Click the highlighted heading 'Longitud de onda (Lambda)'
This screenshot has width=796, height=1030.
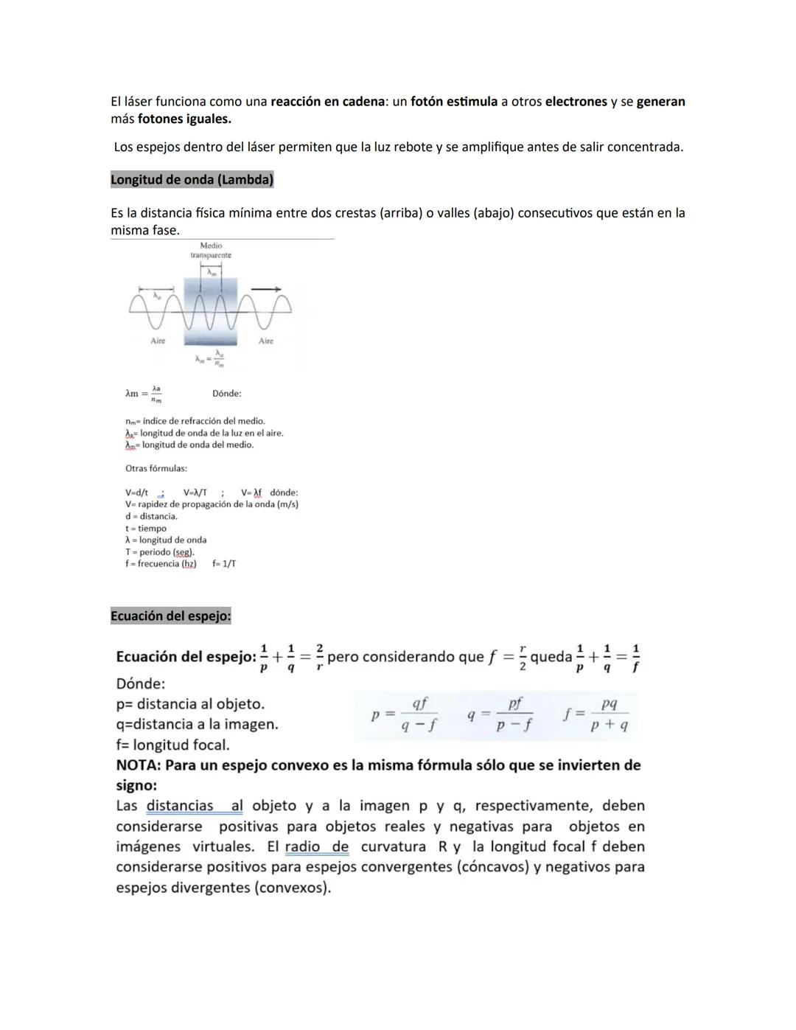[192, 179]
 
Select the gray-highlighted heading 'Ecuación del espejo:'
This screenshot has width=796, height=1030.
[170, 616]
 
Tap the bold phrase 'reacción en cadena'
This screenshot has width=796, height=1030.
[327, 102]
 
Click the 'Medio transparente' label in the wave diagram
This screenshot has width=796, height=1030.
[211, 251]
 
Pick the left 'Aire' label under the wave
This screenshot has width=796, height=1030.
[158, 341]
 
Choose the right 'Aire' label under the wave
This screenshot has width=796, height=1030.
[266, 341]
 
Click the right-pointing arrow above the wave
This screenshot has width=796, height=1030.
[266, 289]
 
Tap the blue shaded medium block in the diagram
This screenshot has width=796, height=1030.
[211, 324]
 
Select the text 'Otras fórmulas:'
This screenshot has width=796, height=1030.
[156, 468]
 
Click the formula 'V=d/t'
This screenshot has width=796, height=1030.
[136, 493]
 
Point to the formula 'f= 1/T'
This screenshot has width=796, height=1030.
[224, 563]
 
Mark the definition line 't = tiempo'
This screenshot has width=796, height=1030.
[146, 528]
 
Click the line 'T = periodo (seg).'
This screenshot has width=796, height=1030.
[160, 551]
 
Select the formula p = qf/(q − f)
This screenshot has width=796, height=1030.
[405, 714]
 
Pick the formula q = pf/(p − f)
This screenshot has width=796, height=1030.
[500, 714]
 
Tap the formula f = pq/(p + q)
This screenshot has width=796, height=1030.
[596, 714]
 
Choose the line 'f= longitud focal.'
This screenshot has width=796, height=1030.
[172, 745]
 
